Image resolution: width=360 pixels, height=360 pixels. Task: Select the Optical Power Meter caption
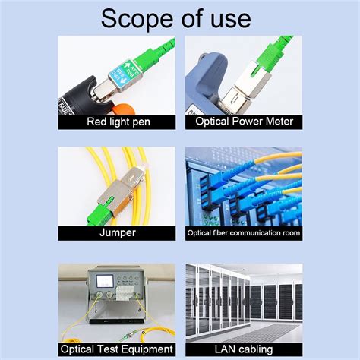(x=244, y=122)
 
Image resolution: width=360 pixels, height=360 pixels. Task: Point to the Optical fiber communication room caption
(x=244, y=233)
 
